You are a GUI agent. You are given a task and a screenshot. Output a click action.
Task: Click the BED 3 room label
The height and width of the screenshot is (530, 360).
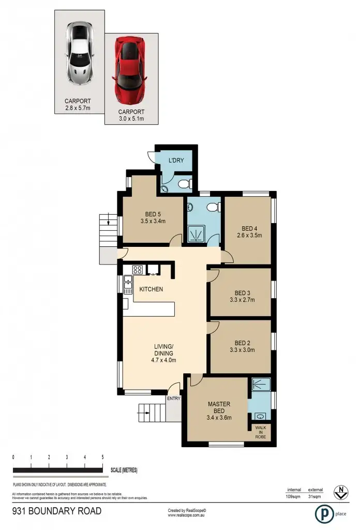point(242,291)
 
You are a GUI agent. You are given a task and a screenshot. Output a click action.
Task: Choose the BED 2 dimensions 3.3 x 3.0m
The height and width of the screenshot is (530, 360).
point(242,350)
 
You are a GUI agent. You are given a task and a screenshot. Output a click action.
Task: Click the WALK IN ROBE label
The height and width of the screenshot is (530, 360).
point(260,432)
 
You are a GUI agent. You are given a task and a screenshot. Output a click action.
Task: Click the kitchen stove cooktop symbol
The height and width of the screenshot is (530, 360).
point(138,269)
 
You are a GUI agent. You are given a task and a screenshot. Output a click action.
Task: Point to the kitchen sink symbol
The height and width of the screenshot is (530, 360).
point(127,283)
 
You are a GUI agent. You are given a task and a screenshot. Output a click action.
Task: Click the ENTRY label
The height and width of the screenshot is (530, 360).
point(173,399)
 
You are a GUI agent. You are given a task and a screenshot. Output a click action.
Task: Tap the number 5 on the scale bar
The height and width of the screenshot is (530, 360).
point(102,458)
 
